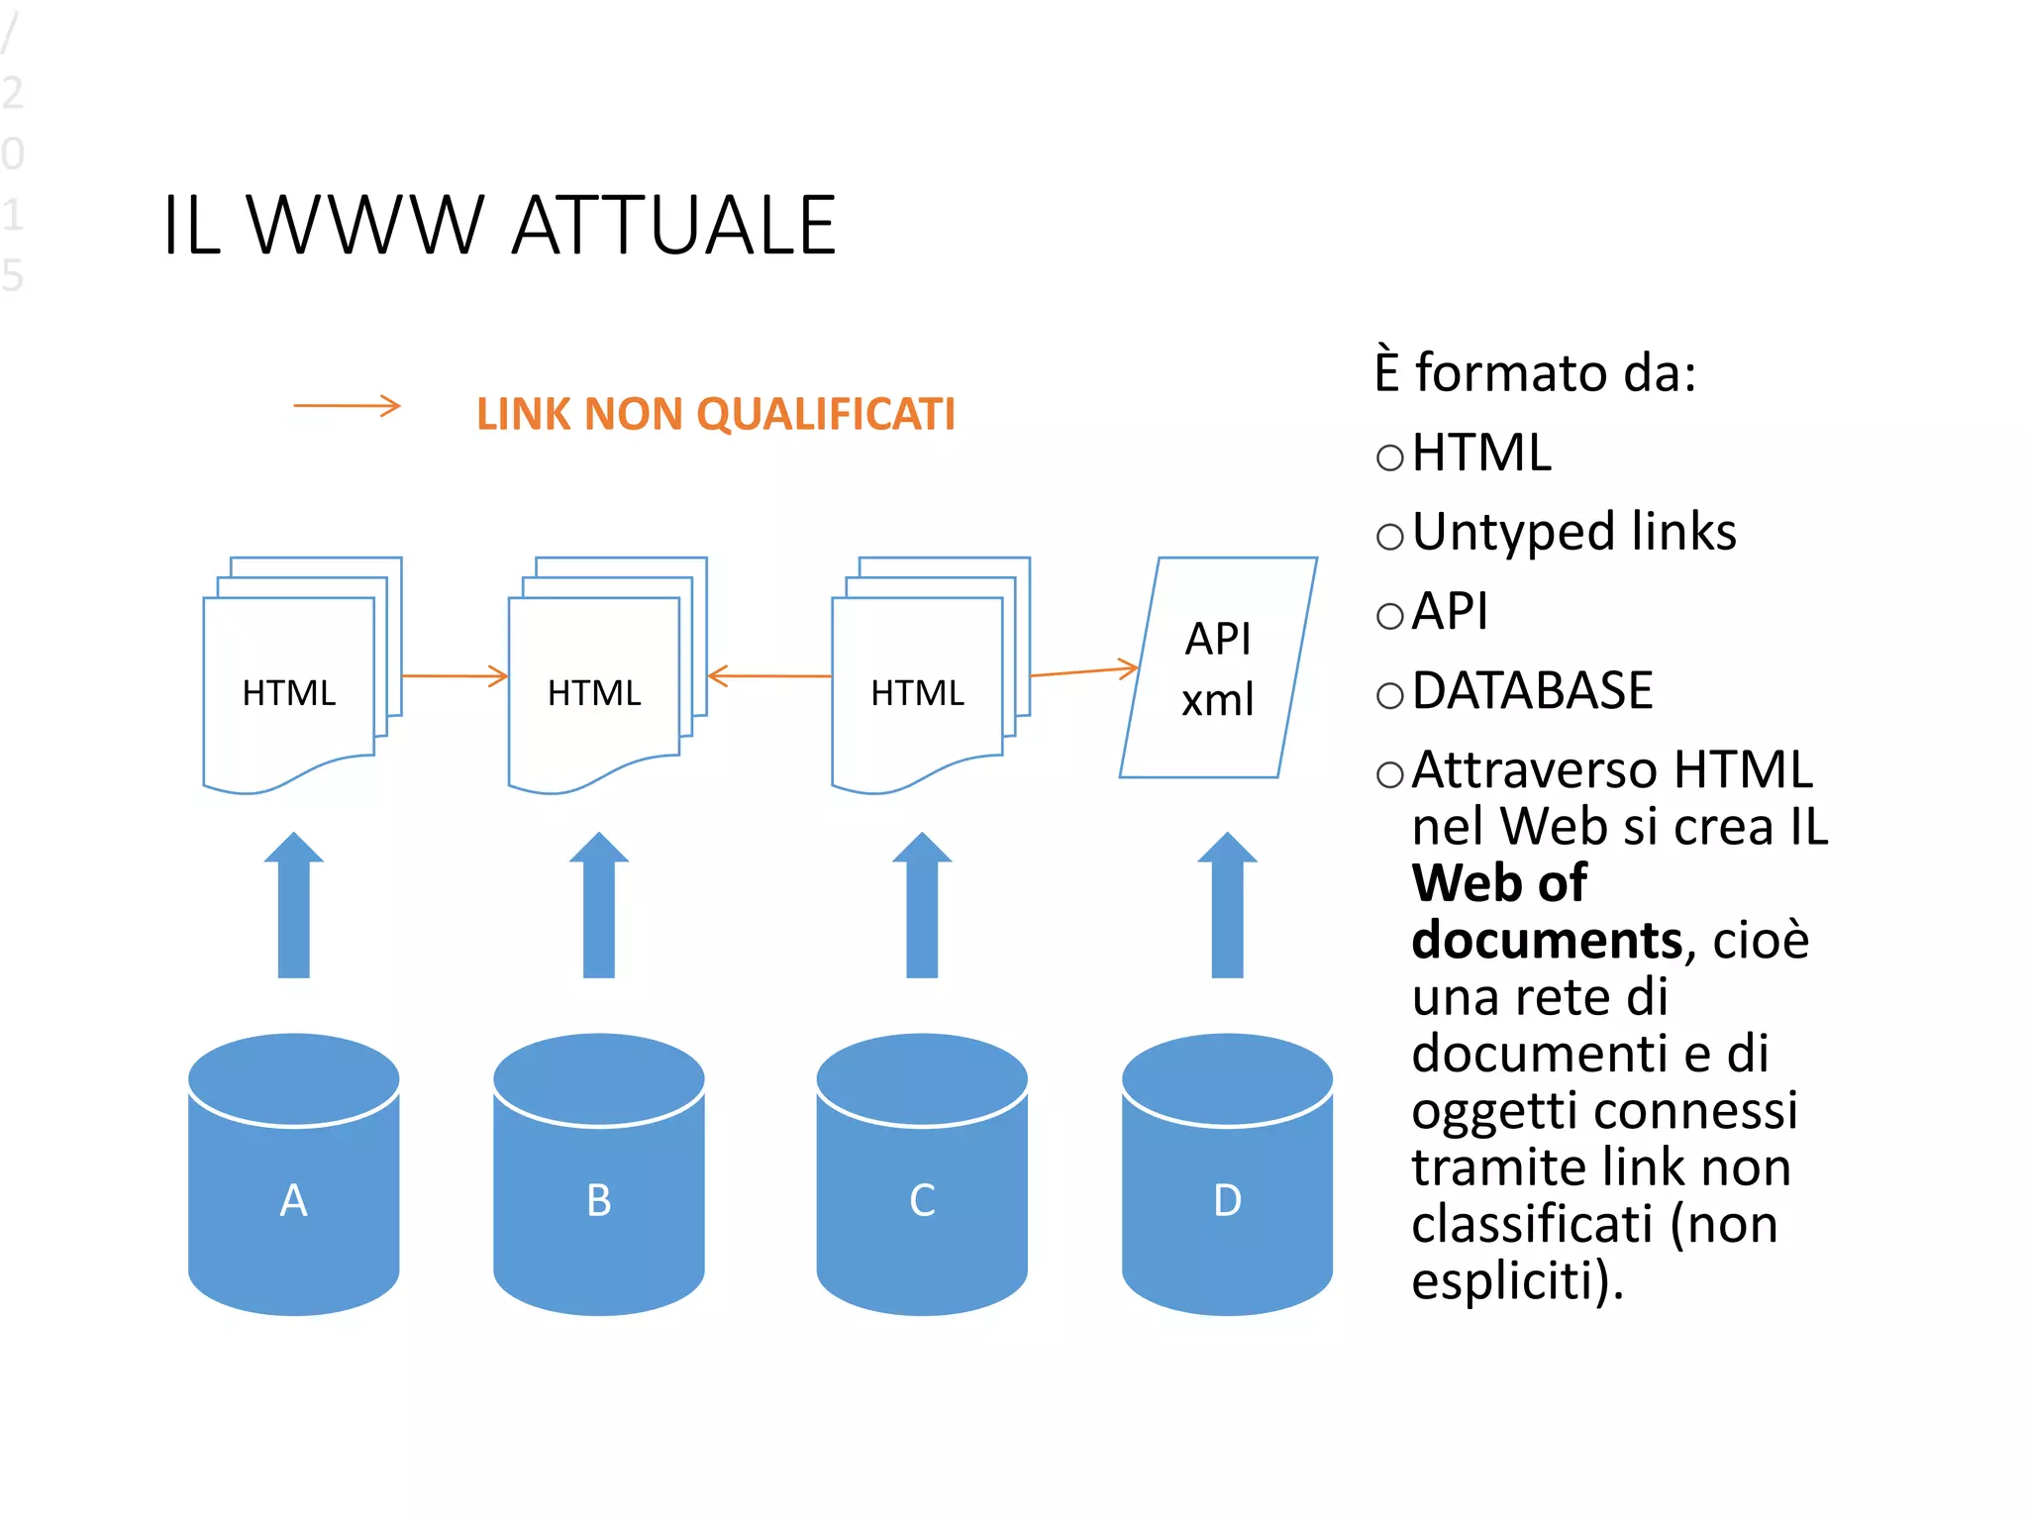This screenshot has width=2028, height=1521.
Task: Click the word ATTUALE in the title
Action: click(673, 226)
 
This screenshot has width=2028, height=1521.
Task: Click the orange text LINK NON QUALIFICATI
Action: click(715, 414)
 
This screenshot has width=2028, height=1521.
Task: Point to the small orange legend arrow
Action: click(347, 405)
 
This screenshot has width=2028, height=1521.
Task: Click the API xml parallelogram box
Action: click(1218, 668)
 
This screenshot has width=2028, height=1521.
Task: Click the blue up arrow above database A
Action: click(293, 906)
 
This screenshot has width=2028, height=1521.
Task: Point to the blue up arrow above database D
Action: click(1227, 906)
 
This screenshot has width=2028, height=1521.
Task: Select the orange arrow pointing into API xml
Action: click(1084, 671)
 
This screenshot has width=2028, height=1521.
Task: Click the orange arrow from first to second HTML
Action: click(455, 676)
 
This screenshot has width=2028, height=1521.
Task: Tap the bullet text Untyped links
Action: click(1573, 532)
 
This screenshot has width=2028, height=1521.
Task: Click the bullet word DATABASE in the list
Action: click(1532, 690)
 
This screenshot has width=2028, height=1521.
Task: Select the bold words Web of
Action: click(1498, 882)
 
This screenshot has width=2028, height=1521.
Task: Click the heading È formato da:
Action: click(1535, 373)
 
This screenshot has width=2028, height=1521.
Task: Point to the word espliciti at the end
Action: click(1515, 1280)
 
